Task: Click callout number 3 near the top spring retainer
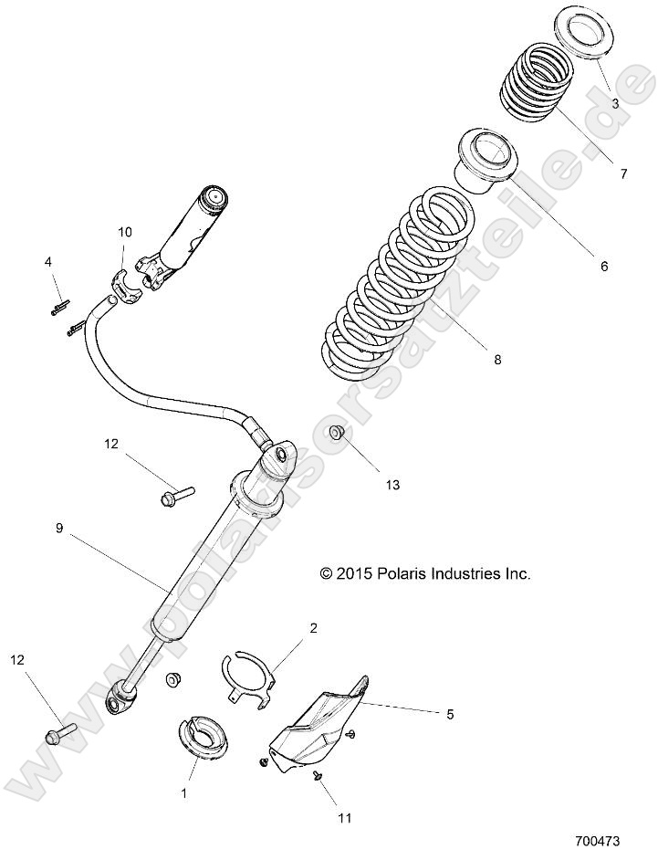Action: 615,104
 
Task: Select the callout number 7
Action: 623,173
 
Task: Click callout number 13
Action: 392,485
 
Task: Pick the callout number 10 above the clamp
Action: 124,232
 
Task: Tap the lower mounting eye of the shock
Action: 120,699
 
